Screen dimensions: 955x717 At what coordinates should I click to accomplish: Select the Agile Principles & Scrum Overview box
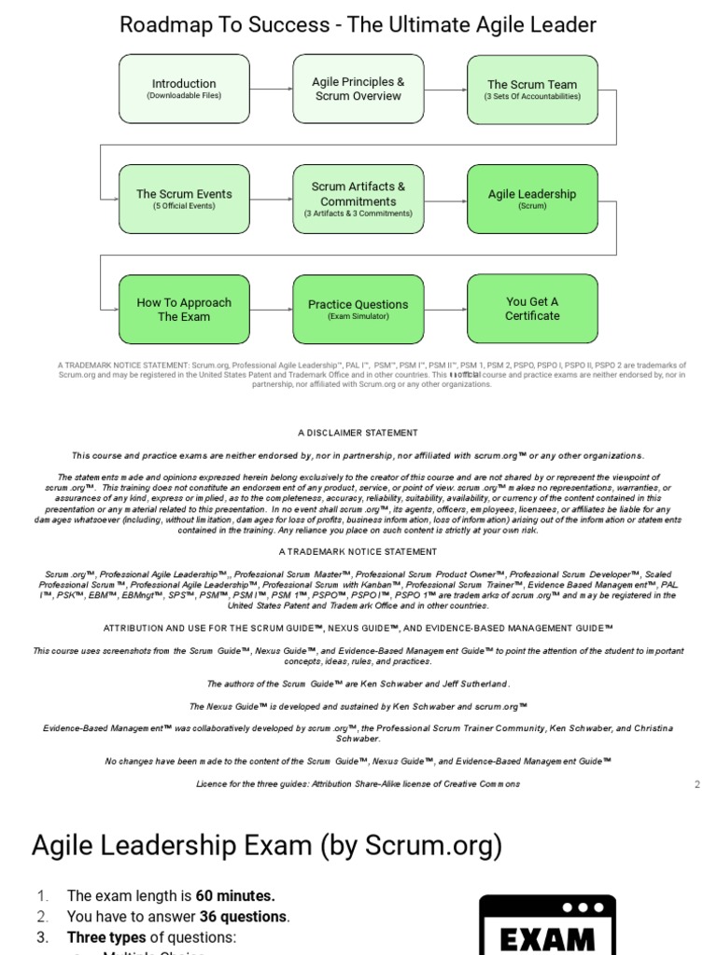[x=358, y=90]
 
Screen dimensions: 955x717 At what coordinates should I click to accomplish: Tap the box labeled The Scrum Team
[x=532, y=90]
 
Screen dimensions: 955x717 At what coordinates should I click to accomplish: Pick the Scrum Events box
[x=184, y=199]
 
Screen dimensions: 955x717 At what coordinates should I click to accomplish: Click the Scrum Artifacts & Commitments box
[x=358, y=199]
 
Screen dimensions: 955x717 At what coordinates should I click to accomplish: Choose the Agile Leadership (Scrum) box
[x=532, y=199]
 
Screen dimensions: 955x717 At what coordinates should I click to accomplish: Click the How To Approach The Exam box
[x=184, y=309]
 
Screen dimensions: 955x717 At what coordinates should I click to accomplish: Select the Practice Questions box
[x=358, y=309]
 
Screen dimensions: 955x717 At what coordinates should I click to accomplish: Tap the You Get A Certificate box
[x=532, y=309]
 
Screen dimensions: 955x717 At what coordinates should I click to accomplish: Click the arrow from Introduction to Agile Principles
[x=271, y=90]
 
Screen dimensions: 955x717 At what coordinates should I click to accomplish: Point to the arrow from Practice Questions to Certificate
[x=444, y=309]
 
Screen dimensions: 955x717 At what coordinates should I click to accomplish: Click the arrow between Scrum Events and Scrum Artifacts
[x=271, y=199]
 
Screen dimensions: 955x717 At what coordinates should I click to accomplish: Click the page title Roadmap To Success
[x=358, y=24]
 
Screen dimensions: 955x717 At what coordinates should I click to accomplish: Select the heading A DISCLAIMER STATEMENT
[x=358, y=433]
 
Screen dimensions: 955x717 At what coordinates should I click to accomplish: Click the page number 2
[x=696, y=784]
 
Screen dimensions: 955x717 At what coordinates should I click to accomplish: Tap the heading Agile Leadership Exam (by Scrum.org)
[x=266, y=846]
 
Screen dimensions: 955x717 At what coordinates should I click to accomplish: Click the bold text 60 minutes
[x=235, y=896]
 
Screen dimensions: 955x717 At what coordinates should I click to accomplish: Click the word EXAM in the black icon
[x=547, y=937]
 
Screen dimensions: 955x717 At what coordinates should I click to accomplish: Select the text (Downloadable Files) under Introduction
[x=184, y=96]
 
